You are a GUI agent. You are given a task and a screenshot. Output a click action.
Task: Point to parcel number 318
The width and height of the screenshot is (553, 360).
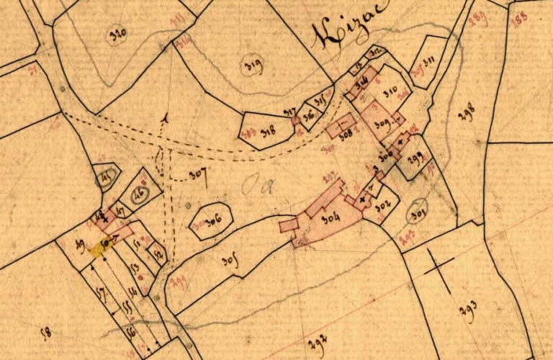coord(269,131)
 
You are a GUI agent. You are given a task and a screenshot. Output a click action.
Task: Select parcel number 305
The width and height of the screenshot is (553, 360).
coord(228,260)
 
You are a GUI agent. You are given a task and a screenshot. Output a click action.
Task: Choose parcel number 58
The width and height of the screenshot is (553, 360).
coord(47,332)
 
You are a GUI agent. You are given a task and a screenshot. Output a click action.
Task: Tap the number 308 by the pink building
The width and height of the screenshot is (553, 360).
coord(345,135)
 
